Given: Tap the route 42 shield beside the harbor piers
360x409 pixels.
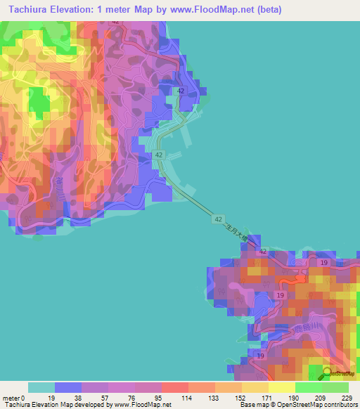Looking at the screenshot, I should pos(160,155).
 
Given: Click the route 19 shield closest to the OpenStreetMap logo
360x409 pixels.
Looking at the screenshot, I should pos(262,357).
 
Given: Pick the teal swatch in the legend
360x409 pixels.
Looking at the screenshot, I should pos(41,387).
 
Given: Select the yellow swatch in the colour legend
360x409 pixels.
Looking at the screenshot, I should pos(281,387).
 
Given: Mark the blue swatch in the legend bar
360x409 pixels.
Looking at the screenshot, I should pos(68,387).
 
